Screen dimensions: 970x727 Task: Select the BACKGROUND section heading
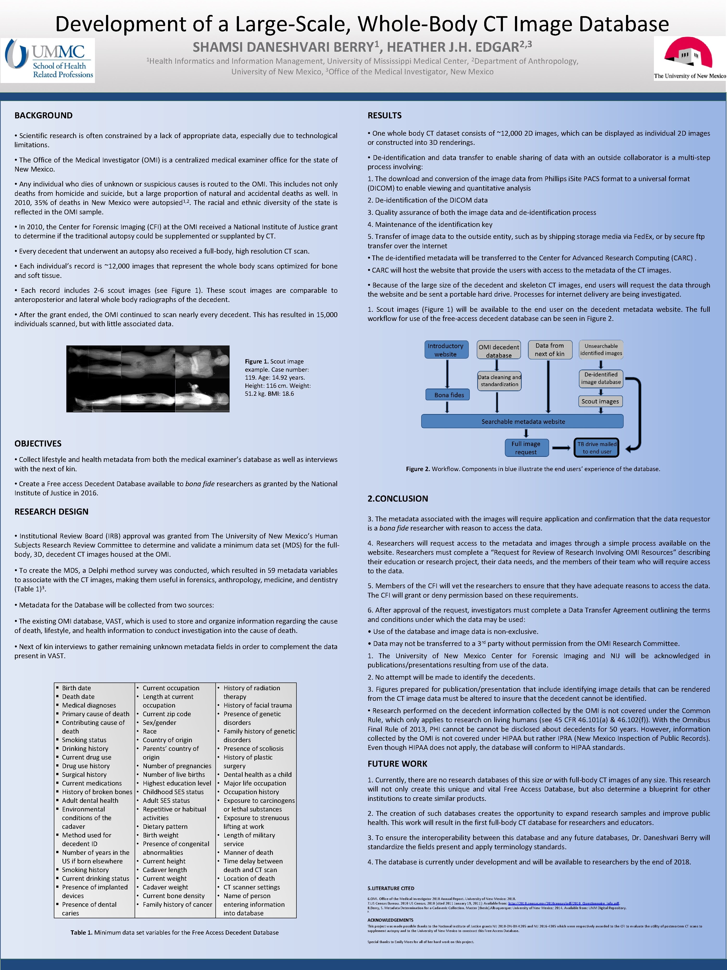point(43,115)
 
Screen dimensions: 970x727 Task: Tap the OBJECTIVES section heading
point(38,443)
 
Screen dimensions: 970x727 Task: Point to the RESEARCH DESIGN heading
point(51,511)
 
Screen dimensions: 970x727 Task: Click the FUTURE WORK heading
point(397,763)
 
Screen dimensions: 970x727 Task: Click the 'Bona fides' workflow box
point(449,395)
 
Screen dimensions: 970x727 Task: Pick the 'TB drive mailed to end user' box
point(596,448)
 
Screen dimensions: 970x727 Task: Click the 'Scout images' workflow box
point(600,401)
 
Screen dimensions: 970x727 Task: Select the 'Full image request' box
point(526,448)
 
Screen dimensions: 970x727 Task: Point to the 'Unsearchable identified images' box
point(601,350)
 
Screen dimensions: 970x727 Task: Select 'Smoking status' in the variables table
point(84,740)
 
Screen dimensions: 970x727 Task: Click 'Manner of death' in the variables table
point(248,852)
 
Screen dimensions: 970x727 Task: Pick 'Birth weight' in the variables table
point(160,835)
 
